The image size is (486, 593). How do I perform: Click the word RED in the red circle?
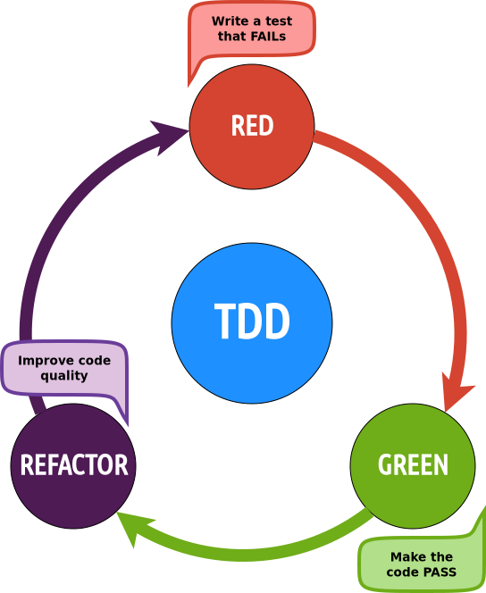tap(252, 126)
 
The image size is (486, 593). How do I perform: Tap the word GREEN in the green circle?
tap(413, 465)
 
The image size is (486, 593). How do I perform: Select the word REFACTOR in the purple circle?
tap(74, 465)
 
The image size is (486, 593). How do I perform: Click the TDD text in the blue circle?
tap(252, 323)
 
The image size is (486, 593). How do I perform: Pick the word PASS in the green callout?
tap(438, 572)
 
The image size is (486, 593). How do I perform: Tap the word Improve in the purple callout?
tap(44, 360)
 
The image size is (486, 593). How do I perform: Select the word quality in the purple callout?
tap(64, 375)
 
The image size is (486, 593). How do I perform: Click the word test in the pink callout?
tap(278, 21)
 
